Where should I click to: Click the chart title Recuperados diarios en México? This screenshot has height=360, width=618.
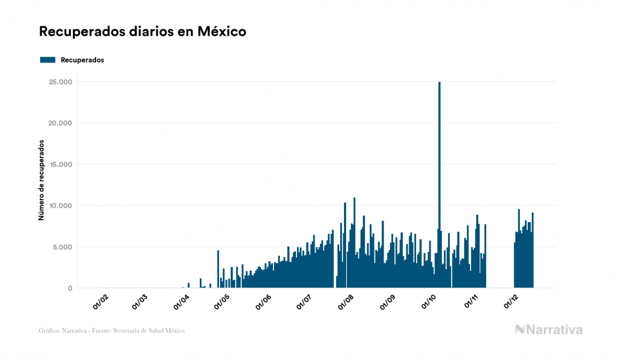coord(143,32)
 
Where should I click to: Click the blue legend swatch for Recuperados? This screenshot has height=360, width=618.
coord(48,60)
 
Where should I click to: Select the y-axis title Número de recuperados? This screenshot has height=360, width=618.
coord(41,181)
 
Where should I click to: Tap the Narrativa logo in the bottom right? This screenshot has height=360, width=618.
coord(549,330)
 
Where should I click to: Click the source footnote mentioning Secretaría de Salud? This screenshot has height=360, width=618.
coord(112,331)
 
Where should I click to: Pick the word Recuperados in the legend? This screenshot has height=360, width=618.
coord(82,60)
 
